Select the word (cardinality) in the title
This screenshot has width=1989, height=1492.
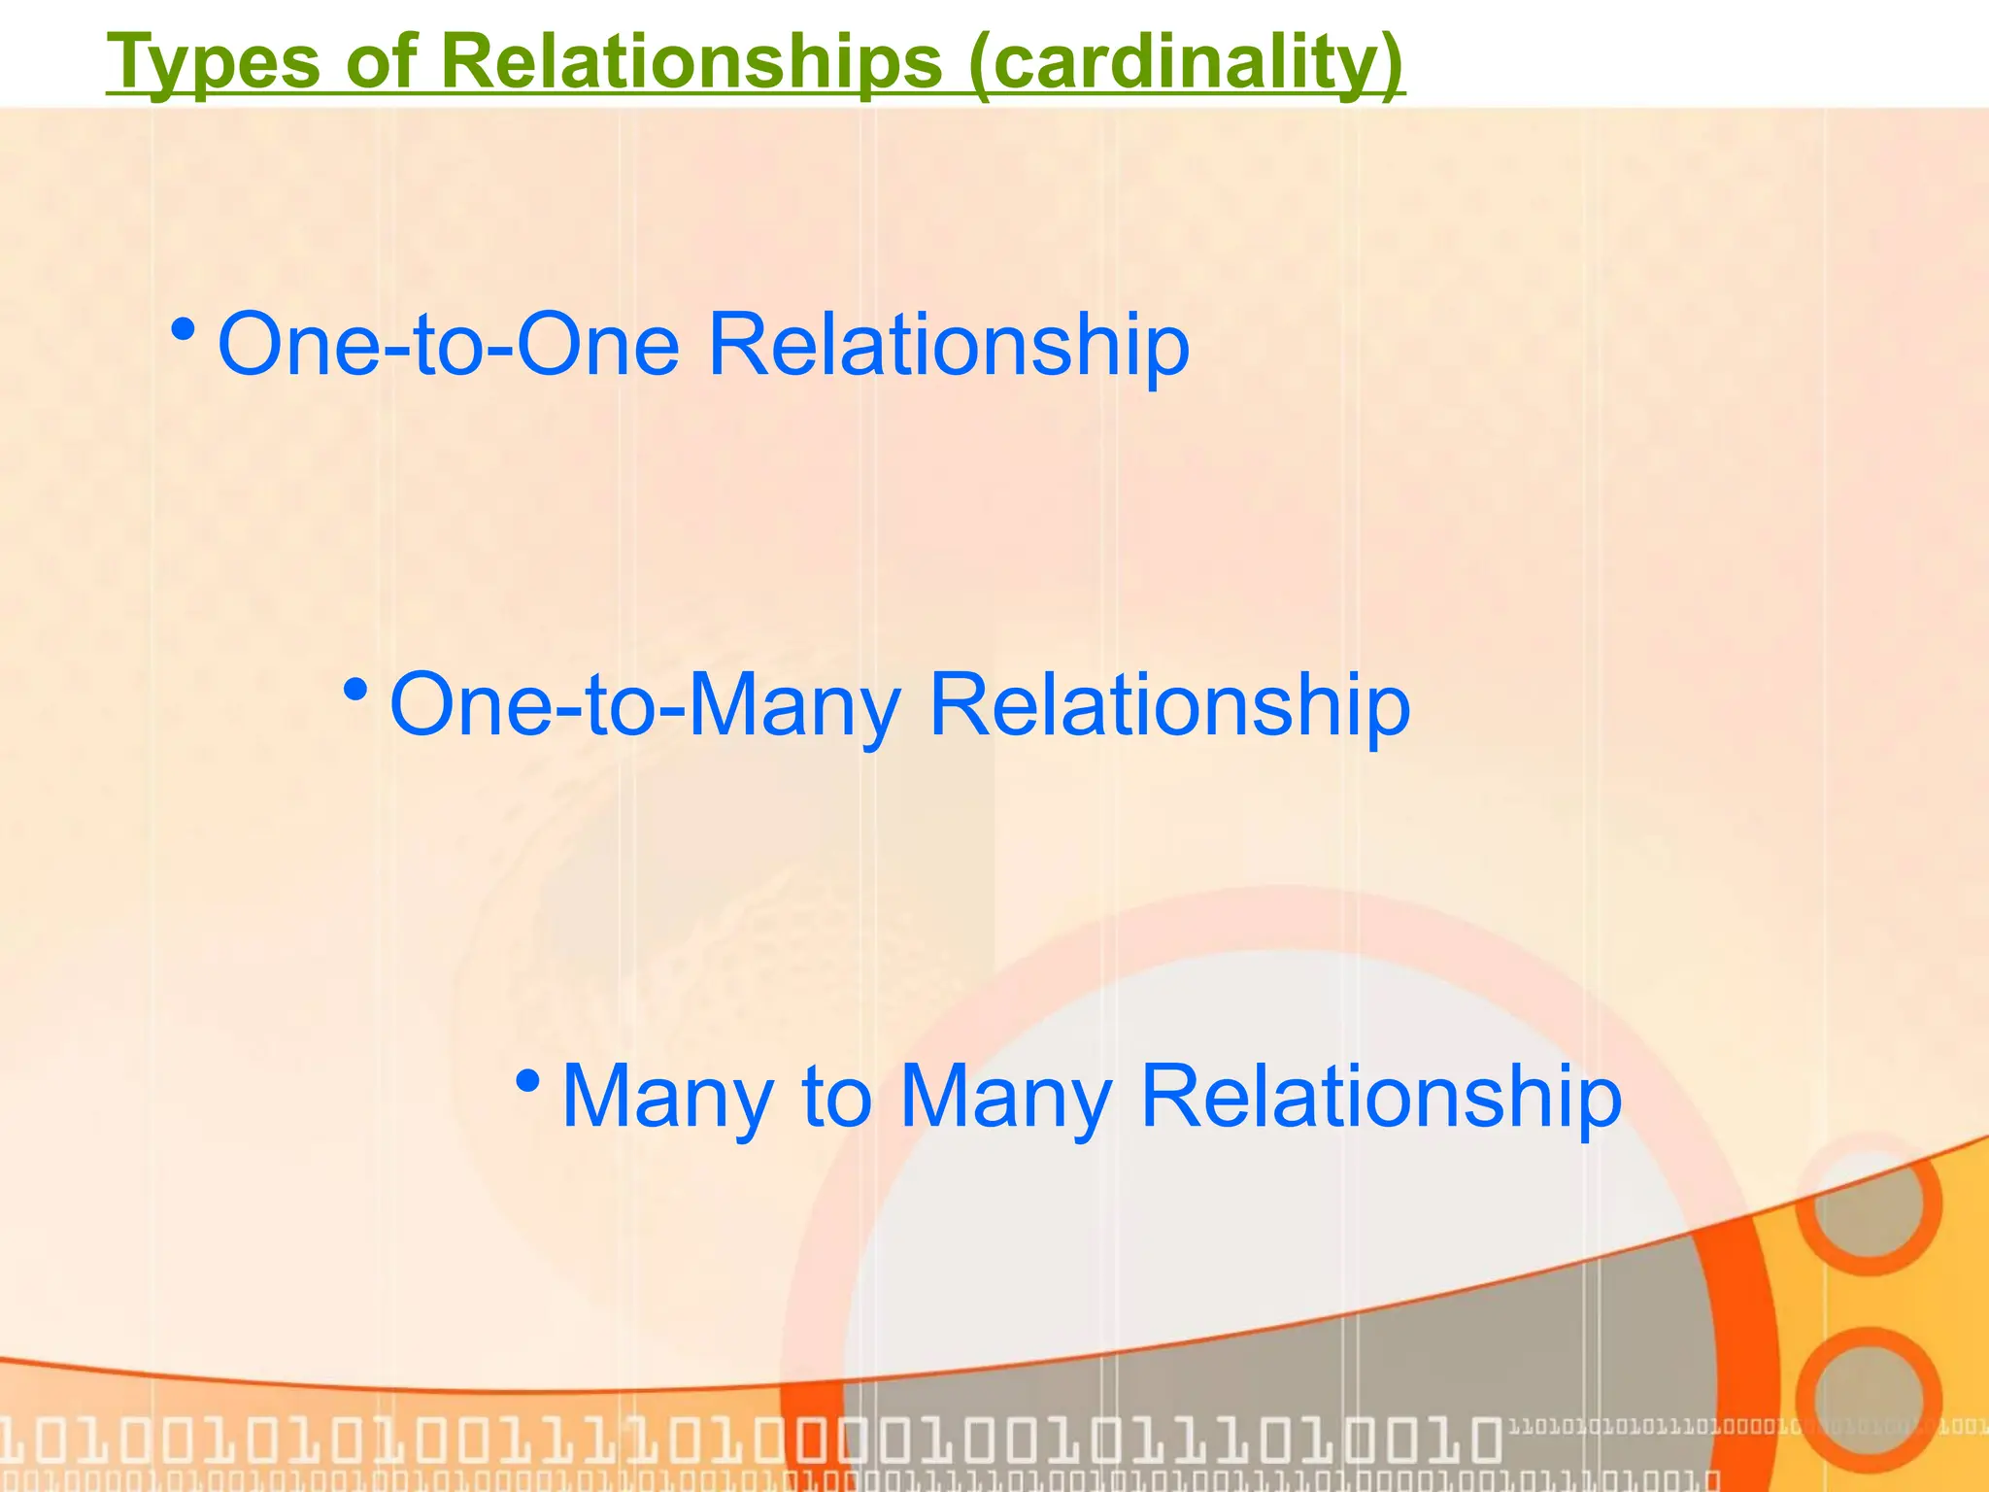pos(1186,62)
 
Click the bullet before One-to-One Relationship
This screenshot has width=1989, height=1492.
pos(182,331)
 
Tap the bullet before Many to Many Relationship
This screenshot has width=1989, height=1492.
pos(527,1080)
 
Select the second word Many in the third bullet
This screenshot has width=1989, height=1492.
pos(1006,1098)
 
